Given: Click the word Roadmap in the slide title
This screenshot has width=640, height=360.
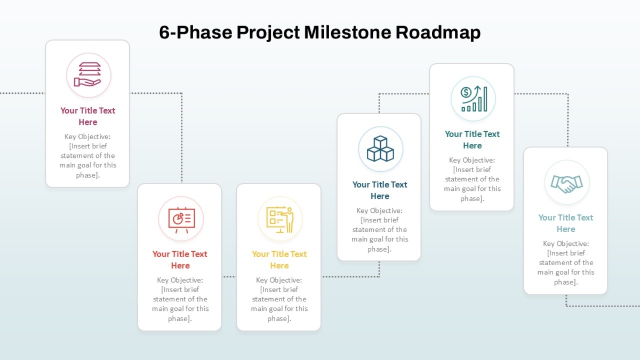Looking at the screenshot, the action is point(438,33).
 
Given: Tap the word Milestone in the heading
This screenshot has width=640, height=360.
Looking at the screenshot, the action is point(347,33).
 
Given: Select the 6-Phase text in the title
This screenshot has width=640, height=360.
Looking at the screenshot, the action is point(195,33).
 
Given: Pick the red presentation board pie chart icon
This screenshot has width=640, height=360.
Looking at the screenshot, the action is point(182,220).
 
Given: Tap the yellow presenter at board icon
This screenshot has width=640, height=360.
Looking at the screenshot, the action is point(280,219).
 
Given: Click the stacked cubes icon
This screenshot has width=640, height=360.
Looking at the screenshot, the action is point(380,149).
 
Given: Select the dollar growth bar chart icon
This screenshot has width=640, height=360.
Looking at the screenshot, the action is point(474,99).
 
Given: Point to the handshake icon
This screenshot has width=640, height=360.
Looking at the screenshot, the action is point(566,184).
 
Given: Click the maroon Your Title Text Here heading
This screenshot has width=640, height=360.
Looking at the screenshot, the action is point(87,116).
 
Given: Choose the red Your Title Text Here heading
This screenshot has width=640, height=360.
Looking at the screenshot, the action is point(180,260).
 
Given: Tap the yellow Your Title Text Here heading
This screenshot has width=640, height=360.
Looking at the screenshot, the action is point(279,260).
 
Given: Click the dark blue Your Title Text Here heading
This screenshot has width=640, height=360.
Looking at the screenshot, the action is point(380,190).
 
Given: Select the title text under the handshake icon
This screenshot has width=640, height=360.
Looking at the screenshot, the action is point(566,223).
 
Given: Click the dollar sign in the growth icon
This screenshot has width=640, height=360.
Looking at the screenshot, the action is point(466,92).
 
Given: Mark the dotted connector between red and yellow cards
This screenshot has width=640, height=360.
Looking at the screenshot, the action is point(229,277).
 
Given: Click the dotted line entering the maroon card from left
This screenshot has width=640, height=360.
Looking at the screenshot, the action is point(22,93).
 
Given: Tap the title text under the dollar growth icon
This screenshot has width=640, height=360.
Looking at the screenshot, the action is point(473,140).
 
